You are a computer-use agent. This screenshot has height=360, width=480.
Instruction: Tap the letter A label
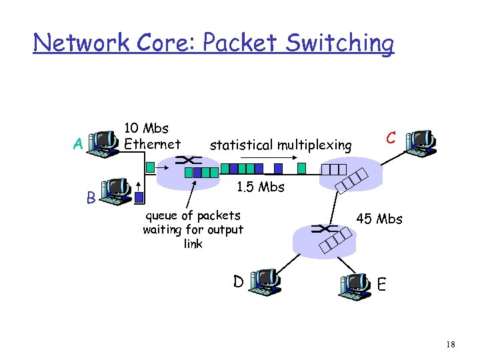(x=79, y=144)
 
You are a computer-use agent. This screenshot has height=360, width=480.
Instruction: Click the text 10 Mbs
(x=147, y=127)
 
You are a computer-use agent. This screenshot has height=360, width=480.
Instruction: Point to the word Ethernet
(x=153, y=144)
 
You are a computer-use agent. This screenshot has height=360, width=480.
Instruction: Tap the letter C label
(x=392, y=138)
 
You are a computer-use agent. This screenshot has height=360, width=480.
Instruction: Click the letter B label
(x=89, y=198)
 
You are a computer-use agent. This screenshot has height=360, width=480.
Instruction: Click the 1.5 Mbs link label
(x=261, y=187)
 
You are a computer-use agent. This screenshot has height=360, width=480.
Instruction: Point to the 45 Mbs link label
(x=379, y=219)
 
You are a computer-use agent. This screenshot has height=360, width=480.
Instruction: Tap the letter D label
(x=238, y=282)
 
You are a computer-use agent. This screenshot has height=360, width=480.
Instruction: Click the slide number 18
(x=451, y=344)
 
